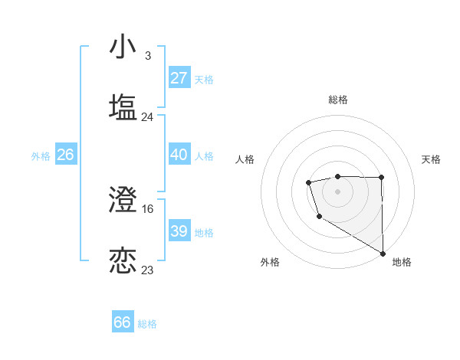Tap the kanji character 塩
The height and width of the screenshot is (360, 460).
click(x=123, y=107)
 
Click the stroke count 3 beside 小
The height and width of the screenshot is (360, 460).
click(x=147, y=56)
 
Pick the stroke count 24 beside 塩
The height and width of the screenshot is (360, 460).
click(x=148, y=117)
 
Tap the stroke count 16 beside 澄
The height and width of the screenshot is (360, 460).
click(x=148, y=208)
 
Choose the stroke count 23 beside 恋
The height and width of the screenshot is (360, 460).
click(x=148, y=270)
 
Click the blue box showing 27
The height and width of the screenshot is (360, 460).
click(x=179, y=78)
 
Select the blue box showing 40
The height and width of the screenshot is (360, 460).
click(x=179, y=155)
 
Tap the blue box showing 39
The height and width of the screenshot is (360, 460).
click(x=179, y=231)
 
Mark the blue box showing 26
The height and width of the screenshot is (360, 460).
click(x=65, y=155)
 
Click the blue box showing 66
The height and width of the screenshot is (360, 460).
click(x=123, y=322)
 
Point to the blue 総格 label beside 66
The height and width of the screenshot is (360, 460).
click(x=147, y=324)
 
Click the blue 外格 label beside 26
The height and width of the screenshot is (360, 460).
click(x=41, y=156)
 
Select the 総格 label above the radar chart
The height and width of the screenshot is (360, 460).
click(x=337, y=100)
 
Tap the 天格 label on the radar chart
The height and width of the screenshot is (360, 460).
click(x=431, y=159)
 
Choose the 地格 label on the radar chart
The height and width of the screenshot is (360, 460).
click(x=402, y=262)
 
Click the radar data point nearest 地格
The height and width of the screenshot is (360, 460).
click(x=383, y=253)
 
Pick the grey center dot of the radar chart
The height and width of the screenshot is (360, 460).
click(x=337, y=191)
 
